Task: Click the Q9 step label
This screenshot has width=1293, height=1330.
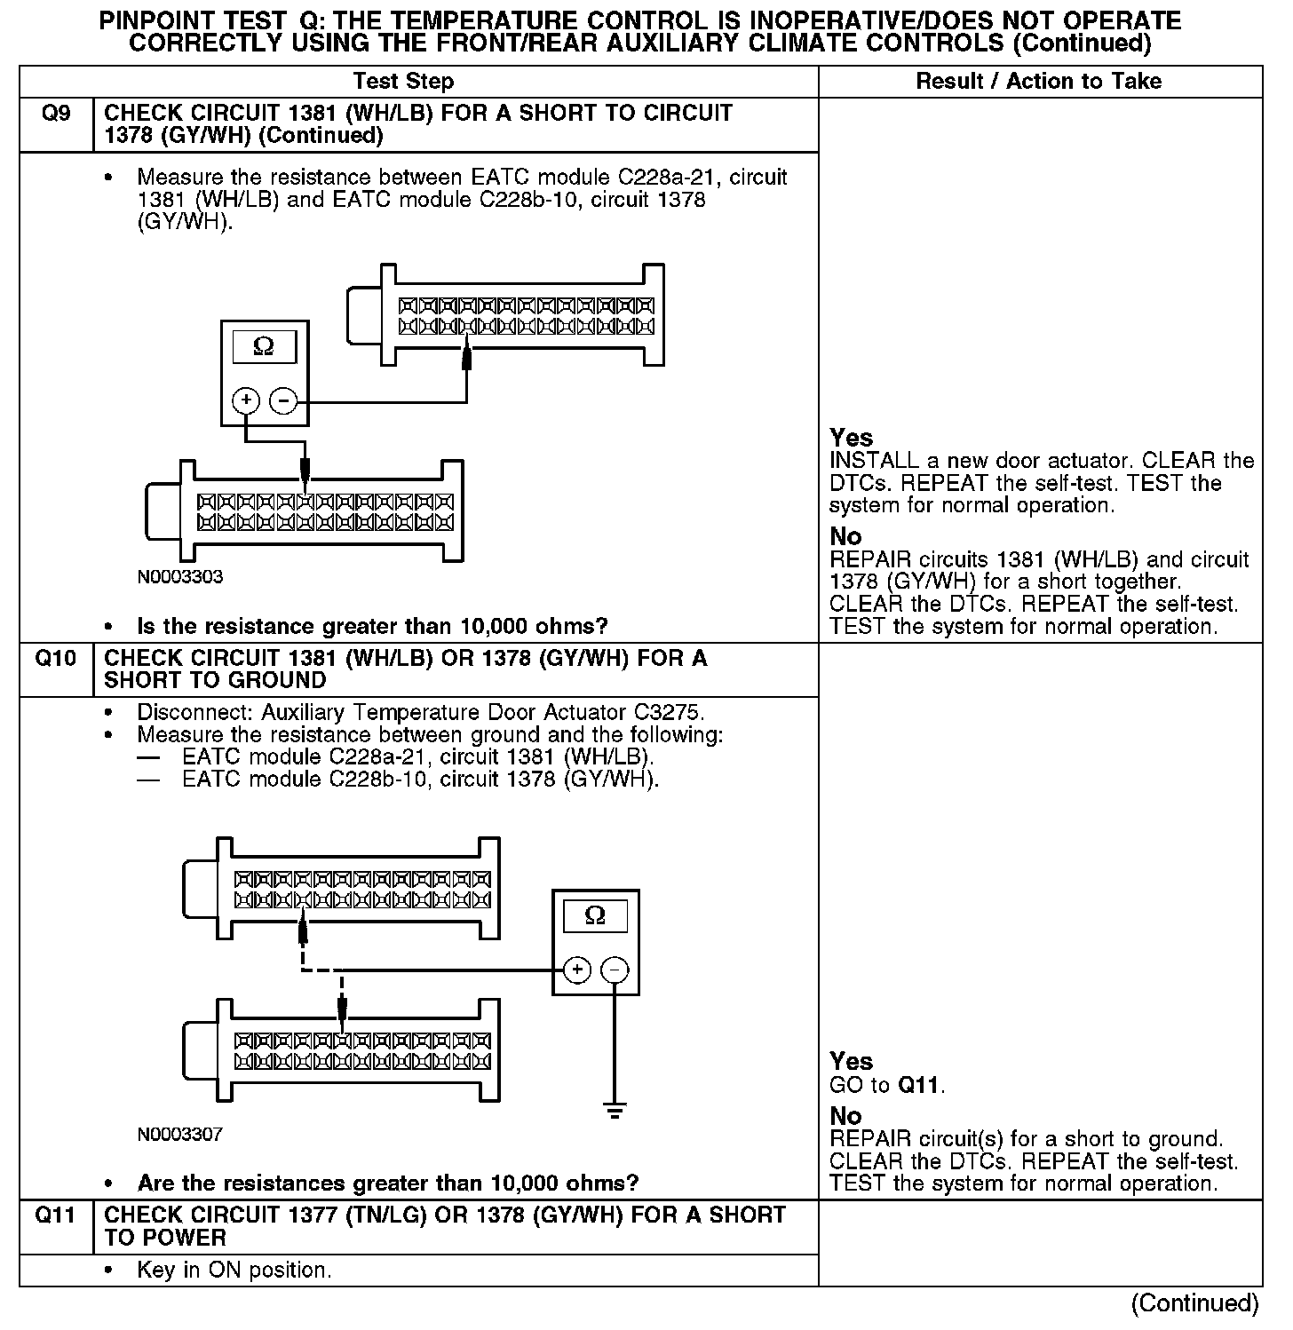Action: pos(56,114)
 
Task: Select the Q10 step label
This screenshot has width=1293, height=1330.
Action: pos(55,659)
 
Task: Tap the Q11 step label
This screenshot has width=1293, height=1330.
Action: pos(55,1215)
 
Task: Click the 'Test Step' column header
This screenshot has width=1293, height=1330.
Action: pos(403,82)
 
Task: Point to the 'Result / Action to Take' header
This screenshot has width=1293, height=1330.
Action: pos(1038,82)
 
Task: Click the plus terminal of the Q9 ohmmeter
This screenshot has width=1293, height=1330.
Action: pos(246,400)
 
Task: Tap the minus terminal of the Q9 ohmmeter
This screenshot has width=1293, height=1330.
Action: pos(283,400)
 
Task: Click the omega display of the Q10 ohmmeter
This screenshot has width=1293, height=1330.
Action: pos(595,915)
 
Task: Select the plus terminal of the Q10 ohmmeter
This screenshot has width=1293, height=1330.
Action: pos(577,970)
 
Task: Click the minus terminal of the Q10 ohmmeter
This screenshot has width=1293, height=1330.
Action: pos(615,970)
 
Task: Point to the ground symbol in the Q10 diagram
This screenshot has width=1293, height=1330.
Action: pos(615,1110)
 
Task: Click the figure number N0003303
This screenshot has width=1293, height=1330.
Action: pos(180,577)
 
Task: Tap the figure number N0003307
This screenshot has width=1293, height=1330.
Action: pos(180,1135)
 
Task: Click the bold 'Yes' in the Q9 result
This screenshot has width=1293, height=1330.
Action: pos(851,438)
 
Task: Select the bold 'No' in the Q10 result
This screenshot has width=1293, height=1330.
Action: pos(845,1115)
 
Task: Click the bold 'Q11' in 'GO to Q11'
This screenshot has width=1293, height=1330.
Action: pos(920,1085)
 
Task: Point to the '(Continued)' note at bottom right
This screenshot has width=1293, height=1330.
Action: pos(1194,1303)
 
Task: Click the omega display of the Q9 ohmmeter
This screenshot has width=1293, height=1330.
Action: pos(264,346)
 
